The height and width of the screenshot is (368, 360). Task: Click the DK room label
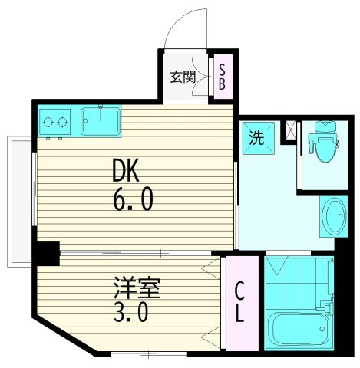pos(126,170)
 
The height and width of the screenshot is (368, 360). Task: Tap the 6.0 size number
pos(133,199)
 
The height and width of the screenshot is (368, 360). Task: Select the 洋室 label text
pos(137,288)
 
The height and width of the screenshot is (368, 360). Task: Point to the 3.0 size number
pos(130,314)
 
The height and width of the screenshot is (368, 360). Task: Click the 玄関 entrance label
pos(183,77)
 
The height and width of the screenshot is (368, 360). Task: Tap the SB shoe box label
pos(222,77)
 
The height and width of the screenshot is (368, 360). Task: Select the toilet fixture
pos(323,142)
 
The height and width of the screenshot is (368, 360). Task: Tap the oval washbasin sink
pos(334,216)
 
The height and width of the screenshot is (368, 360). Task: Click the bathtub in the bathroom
pos(299,327)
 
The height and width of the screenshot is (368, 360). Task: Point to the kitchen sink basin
pos(101,121)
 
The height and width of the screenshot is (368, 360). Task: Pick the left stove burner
pos(48,122)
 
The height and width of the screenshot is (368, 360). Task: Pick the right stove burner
pos(62,122)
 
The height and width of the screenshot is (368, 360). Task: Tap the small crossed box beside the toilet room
pos(290,130)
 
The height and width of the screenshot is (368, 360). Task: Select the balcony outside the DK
pos(20,202)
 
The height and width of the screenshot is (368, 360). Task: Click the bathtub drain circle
pos(322,329)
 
